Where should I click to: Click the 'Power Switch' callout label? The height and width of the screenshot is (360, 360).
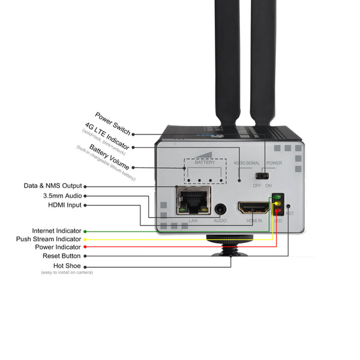point(112,123)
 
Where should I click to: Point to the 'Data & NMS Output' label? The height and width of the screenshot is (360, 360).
point(53,186)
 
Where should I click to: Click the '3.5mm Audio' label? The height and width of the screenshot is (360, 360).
point(62,196)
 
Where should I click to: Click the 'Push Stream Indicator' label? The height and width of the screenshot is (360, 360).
point(49,239)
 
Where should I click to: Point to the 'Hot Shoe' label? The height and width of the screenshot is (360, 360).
point(67,265)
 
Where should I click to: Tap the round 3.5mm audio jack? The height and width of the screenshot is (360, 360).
point(221,209)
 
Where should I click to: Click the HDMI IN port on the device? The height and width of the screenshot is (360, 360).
point(254,208)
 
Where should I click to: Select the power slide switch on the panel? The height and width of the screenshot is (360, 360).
point(261,176)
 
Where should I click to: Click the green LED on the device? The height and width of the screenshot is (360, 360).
point(278,197)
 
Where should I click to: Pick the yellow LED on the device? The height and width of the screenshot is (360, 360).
point(278,204)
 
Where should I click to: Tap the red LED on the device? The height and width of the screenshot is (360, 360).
point(278,211)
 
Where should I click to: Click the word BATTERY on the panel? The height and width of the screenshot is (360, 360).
point(204,163)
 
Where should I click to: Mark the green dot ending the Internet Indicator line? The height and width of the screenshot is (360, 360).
point(86,231)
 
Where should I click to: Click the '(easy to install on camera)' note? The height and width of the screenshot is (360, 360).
point(67,273)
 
